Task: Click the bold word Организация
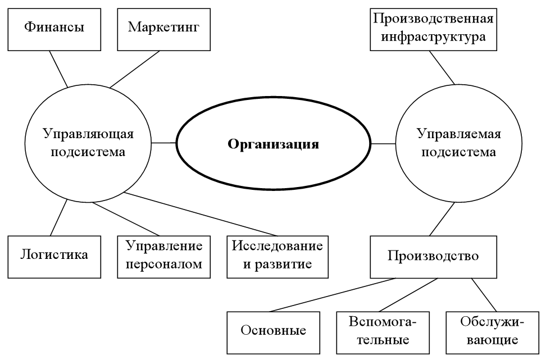coord(273,144)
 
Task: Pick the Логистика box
coord(54,256)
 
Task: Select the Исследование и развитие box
coord(277,256)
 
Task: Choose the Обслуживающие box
coord(492,330)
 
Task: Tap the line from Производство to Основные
coord(331,294)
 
